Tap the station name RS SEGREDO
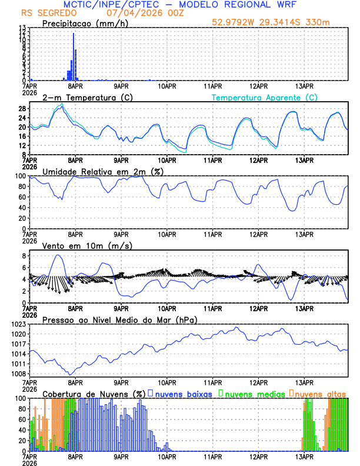tap(48, 13)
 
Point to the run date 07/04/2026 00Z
tap(145, 13)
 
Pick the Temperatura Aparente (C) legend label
tap(264, 97)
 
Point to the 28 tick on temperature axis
tap(21, 109)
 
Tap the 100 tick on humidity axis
tap(19, 176)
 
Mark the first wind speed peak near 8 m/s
tap(57, 255)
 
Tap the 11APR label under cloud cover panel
tap(213, 456)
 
